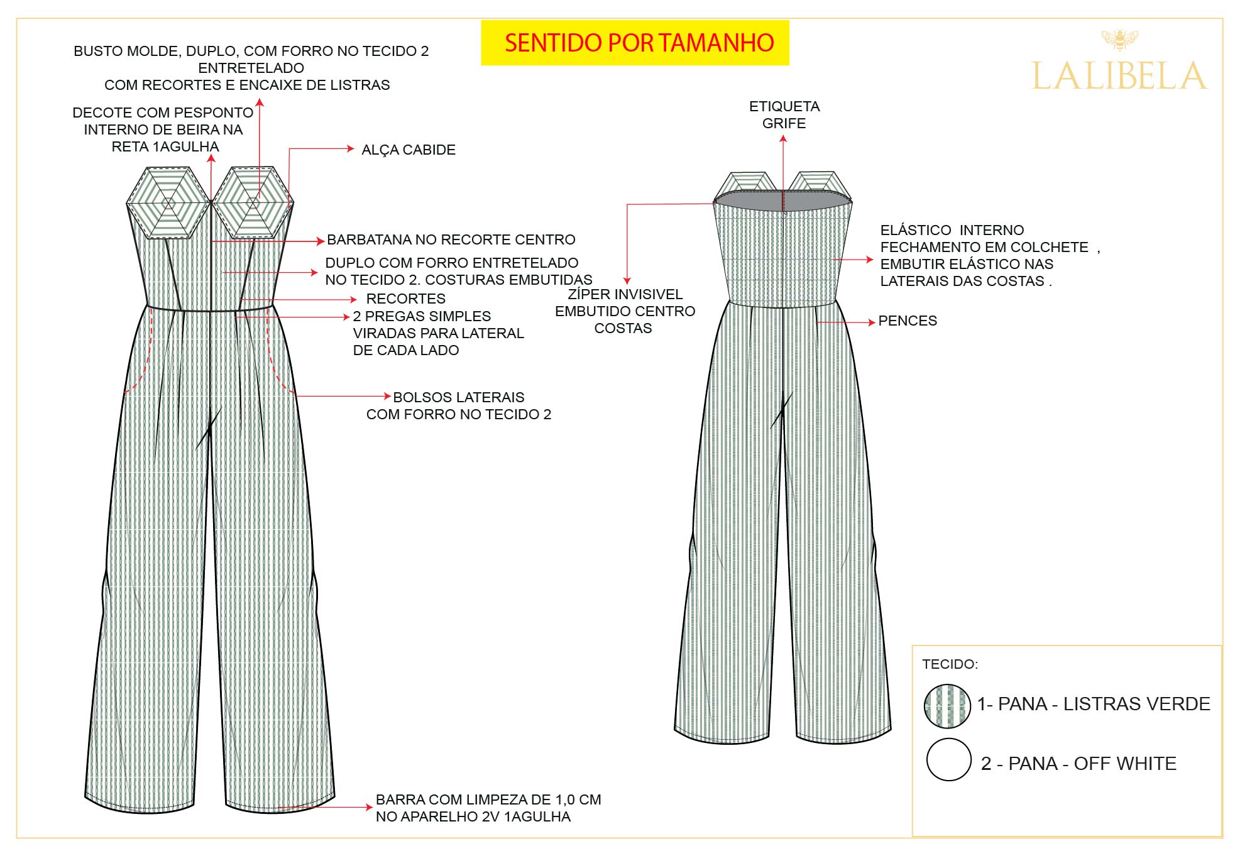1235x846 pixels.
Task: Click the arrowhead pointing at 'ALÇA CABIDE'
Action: (x=351, y=149)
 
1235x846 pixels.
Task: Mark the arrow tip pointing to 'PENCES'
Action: (x=871, y=322)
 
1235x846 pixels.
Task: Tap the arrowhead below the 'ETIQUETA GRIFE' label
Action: (x=783, y=139)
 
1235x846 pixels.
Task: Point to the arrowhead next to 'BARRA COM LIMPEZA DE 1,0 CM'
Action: (x=370, y=807)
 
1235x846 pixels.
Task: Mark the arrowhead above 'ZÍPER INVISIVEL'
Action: (x=627, y=280)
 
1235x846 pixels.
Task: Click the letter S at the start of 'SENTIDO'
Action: (x=511, y=43)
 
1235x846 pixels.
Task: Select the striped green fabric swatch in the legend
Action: (x=947, y=706)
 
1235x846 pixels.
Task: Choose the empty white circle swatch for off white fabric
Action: (x=949, y=759)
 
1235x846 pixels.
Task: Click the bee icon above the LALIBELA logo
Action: (x=1120, y=40)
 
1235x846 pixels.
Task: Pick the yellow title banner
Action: (x=635, y=43)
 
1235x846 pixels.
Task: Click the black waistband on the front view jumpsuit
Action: (x=210, y=309)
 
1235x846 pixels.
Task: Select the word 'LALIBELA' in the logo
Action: (x=1119, y=77)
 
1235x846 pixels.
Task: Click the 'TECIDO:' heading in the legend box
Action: (x=950, y=664)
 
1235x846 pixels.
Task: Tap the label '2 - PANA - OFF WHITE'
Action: (x=1079, y=763)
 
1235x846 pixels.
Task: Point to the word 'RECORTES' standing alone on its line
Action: (x=406, y=299)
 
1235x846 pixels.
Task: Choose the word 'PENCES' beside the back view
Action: (x=908, y=321)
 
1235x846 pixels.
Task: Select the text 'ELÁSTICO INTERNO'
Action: (x=952, y=230)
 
